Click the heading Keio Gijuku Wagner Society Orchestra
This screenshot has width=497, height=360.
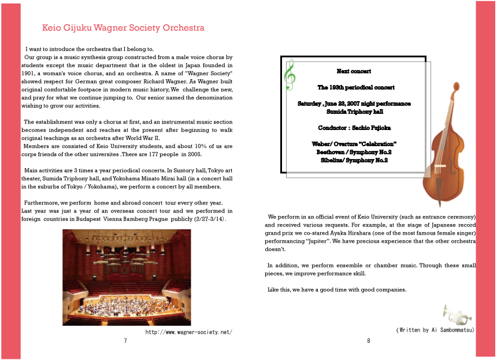(x=123, y=28)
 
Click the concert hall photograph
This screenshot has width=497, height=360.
(x=127, y=277)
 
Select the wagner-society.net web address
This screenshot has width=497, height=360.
(x=188, y=332)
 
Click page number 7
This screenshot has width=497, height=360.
(x=125, y=341)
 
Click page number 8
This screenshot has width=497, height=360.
(x=368, y=341)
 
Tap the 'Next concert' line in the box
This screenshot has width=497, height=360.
(x=354, y=71)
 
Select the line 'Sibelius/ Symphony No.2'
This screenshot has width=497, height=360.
(x=354, y=160)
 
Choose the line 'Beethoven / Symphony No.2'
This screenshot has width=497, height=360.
(x=354, y=152)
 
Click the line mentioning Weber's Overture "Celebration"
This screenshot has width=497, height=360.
(x=354, y=143)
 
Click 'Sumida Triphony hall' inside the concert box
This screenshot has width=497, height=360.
(x=354, y=112)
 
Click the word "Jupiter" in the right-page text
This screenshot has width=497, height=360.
(x=322, y=239)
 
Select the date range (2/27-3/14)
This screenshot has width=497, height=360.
(x=208, y=220)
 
